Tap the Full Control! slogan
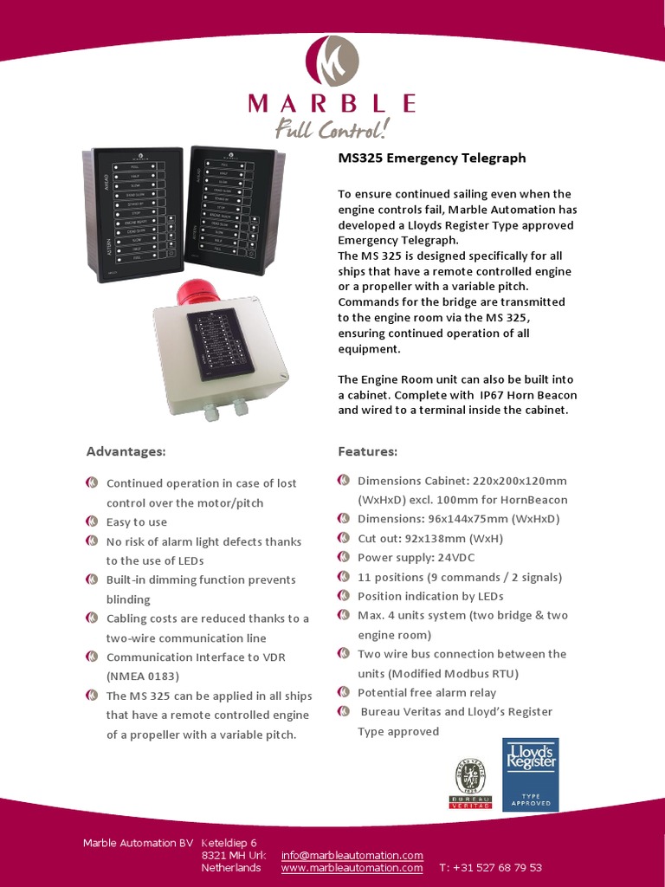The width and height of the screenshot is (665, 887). click(x=332, y=130)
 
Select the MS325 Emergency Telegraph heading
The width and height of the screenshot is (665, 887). click(x=431, y=159)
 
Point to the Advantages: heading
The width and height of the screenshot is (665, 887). click(x=126, y=451)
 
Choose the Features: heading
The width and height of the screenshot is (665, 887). click(x=367, y=451)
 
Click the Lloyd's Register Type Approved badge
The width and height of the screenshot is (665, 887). click(x=530, y=774)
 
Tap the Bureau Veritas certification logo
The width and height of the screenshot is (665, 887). click(x=470, y=782)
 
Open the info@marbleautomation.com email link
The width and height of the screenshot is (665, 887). click(x=352, y=855)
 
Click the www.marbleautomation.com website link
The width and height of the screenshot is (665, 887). click(x=352, y=867)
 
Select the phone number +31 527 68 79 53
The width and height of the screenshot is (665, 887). click(x=490, y=867)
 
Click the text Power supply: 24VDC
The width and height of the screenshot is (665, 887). click(x=416, y=558)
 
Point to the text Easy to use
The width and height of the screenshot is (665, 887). click(x=137, y=522)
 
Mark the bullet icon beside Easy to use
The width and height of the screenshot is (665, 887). click(x=92, y=521)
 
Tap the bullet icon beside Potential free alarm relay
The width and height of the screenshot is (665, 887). click(x=344, y=692)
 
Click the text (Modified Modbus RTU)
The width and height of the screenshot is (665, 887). click(x=438, y=673)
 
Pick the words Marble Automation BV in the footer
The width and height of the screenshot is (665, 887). click(x=138, y=843)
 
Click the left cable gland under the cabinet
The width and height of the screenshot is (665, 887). click(x=211, y=412)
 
